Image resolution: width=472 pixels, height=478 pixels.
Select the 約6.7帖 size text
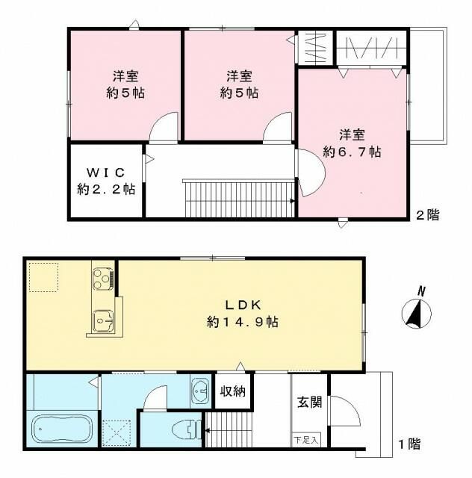coord(352,151)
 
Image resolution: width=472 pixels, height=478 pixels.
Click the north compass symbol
coord(416,309)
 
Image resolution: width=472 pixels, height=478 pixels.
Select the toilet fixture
coord(184,430)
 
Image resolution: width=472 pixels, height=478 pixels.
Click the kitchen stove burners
coord(102,279)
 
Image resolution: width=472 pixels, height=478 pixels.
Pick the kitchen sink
coord(102,320)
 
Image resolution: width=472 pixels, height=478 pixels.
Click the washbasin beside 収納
coord(201,391)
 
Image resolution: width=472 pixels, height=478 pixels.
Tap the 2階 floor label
coord(426,215)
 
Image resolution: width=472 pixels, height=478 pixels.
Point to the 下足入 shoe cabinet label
coord(305,439)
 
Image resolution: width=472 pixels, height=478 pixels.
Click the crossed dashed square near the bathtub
coord(117,432)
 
